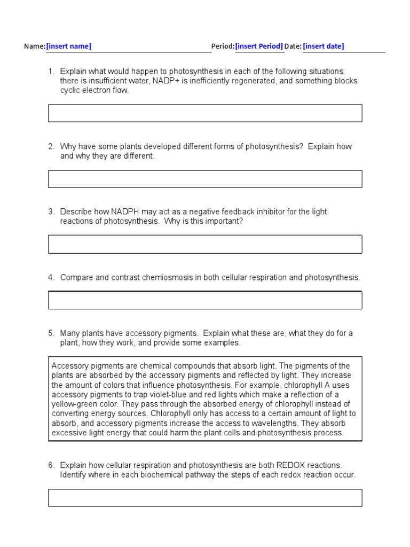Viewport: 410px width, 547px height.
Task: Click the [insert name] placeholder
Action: [x=69, y=46]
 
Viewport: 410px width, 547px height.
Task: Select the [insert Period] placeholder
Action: [x=259, y=46]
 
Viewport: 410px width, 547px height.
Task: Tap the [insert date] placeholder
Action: [x=324, y=46]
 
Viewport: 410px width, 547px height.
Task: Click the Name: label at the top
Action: [x=35, y=46]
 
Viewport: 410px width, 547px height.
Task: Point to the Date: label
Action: [x=293, y=46]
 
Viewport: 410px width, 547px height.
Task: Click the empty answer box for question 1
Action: [x=205, y=113]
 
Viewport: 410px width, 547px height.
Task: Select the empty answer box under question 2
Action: [x=205, y=179]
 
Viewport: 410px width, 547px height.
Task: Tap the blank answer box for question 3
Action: [x=205, y=244]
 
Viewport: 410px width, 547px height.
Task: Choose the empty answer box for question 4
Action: [x=205, y=300]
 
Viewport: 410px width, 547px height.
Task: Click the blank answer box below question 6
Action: [x=205, y=497]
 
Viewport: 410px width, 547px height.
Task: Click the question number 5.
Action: [x=51, y=333]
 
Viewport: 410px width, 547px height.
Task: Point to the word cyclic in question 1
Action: [x=70, y=91]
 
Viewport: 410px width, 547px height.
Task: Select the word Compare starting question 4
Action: [x=76, y=278]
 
